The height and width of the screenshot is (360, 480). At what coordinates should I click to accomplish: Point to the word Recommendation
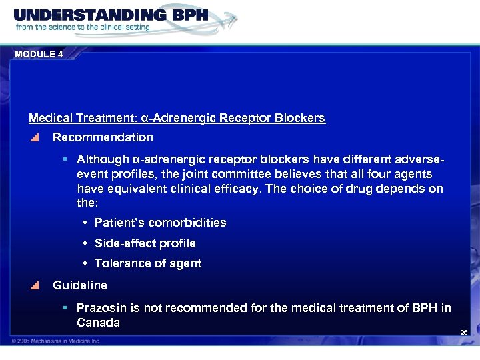pos(103,138)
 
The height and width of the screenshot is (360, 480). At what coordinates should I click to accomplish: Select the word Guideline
pos(79,285)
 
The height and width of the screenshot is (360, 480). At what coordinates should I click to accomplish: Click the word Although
pos(103,160)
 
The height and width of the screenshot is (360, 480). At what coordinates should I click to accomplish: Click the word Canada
pos(98,323)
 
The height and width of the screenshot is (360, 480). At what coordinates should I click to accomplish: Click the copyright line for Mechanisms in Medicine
pos(57,341)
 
